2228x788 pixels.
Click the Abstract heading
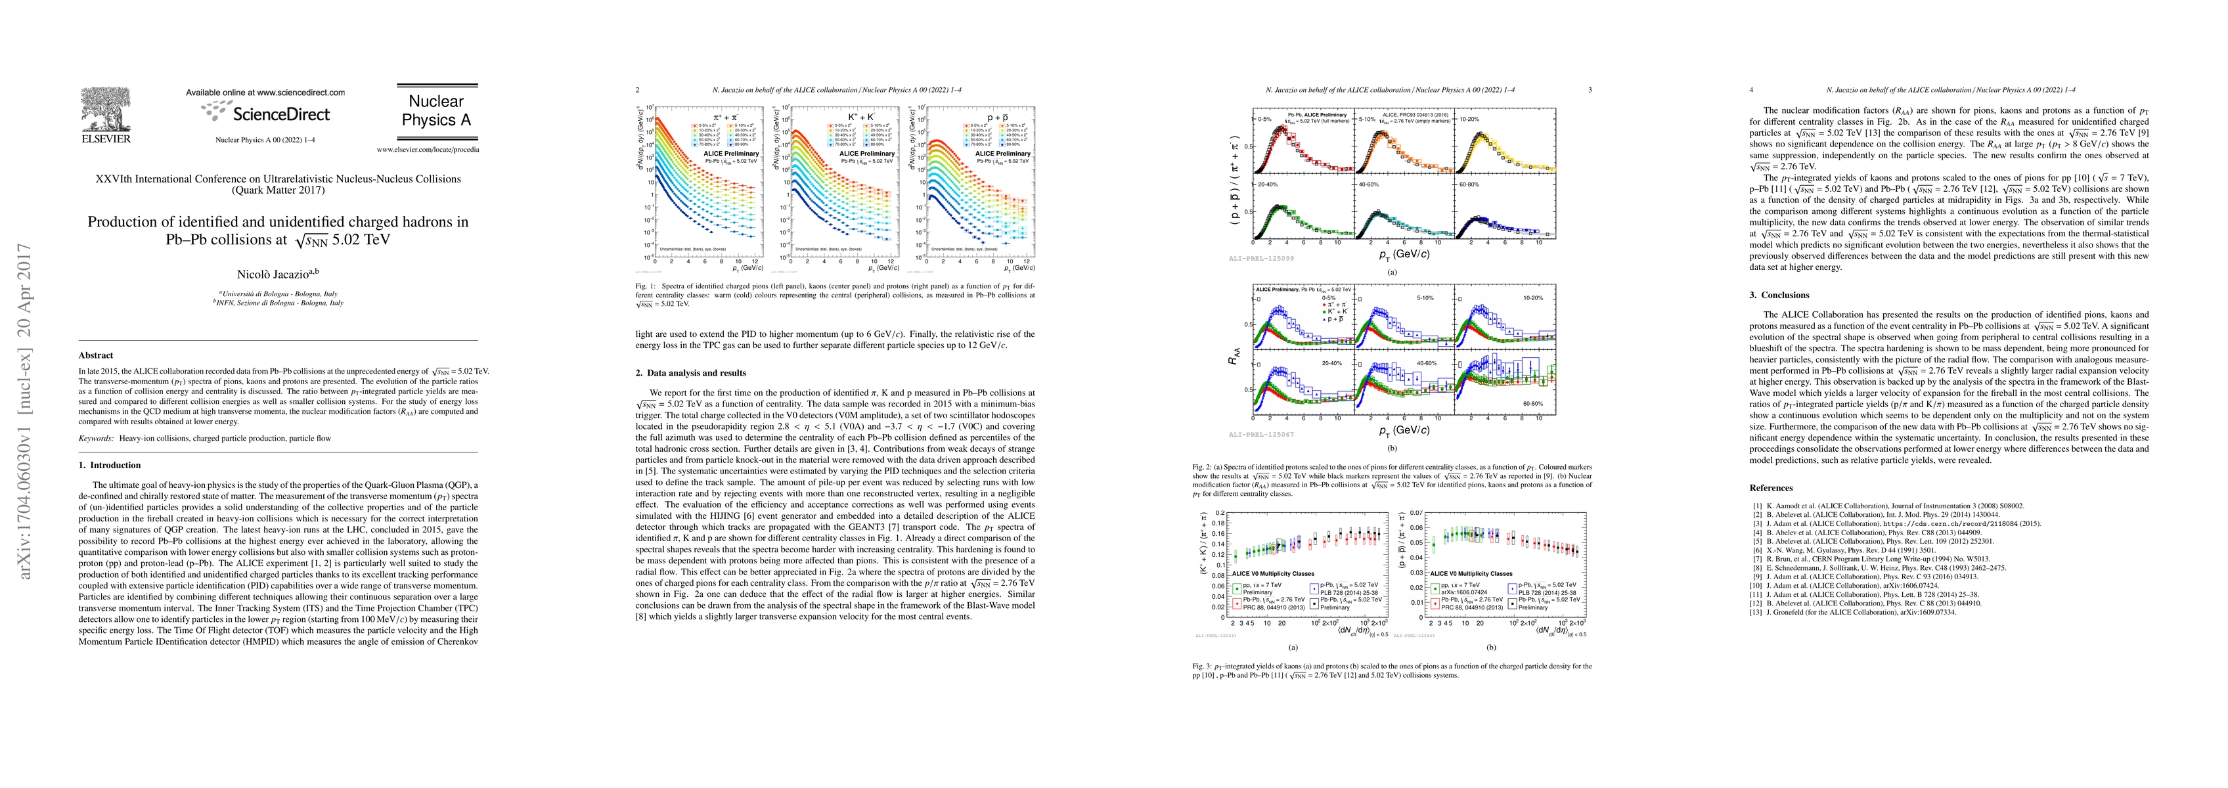96,355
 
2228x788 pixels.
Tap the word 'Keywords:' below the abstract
96,439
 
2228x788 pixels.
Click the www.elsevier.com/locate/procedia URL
427,150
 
